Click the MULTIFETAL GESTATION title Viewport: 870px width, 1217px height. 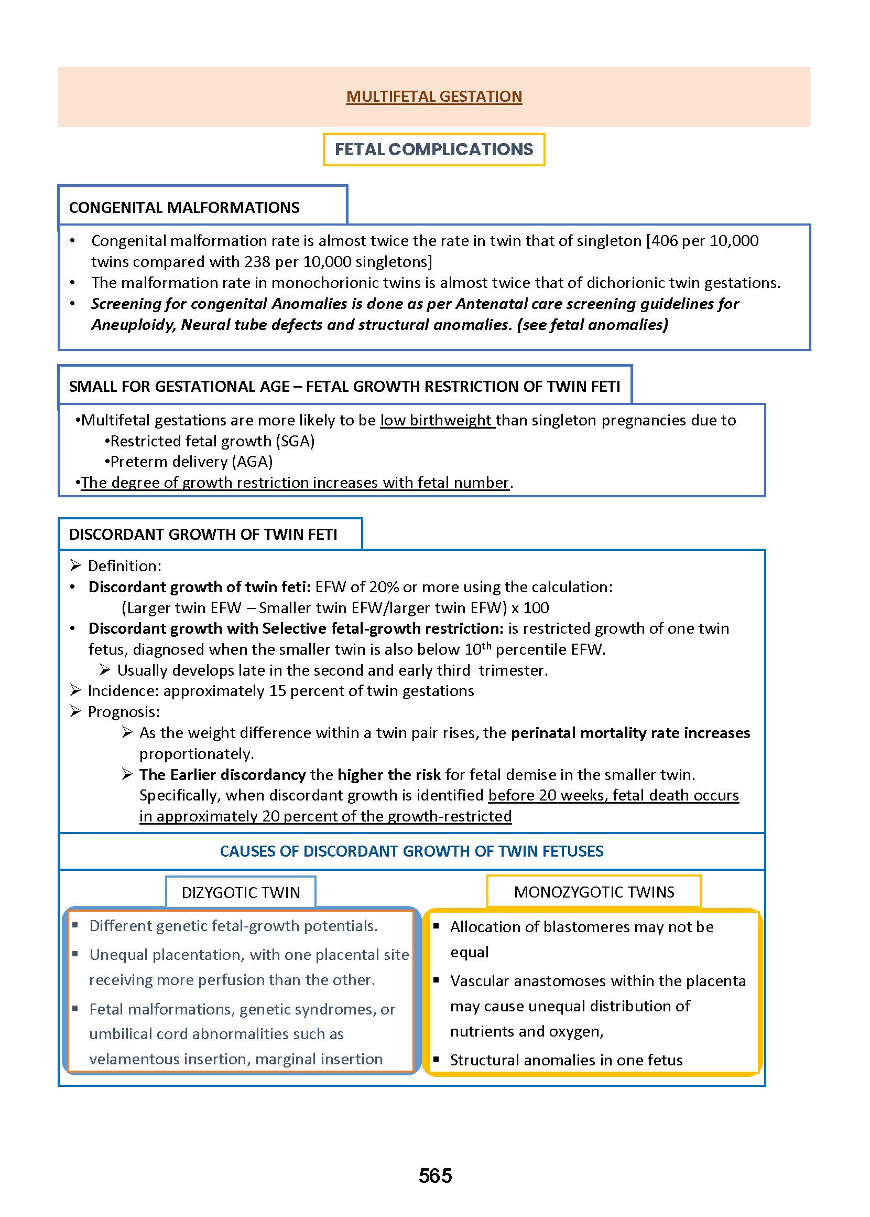tap(434, 97)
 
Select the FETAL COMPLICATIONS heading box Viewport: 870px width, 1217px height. tap(434, 149)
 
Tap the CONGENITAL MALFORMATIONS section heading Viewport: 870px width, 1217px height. tap(184, 208)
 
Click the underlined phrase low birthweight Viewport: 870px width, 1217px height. tap(437, 420)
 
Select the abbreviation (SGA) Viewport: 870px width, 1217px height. tap(295, 441)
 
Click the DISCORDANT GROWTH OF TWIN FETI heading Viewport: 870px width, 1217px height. tap(203, 535)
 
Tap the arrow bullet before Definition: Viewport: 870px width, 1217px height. tap(75, 565)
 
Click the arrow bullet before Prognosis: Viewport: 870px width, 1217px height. tap(75, 712)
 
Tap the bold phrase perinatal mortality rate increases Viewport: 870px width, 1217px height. tap(630, 733)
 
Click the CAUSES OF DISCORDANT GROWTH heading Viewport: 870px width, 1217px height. tap(411, 851)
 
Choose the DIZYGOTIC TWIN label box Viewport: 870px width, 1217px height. tap(241, 892)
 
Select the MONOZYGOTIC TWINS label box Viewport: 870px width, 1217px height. tap(594, 892)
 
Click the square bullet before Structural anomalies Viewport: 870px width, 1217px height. tap(437, 1060)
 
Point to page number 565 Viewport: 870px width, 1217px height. tap(435, 1176)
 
